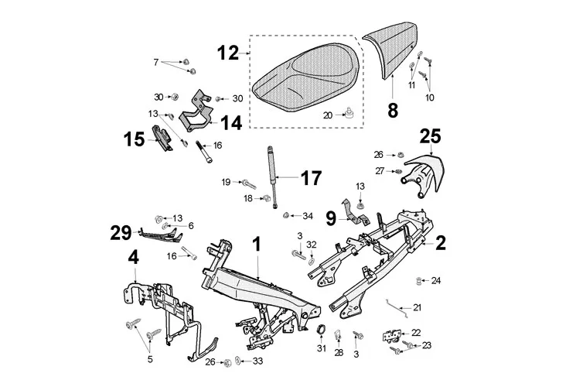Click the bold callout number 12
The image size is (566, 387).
(x=228, y=53)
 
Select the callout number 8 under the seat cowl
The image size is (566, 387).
(x=393, y=110)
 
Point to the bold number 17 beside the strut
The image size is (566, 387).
(x=310, y=178)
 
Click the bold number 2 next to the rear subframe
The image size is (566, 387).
(x=441, y=242)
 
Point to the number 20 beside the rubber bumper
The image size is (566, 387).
(x=327, y=115)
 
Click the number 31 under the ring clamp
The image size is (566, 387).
(x=321, y=350)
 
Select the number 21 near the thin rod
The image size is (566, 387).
(x=418, y=307)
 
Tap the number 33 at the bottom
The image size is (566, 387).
(x=257, y=361)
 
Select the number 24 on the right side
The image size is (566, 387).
(x=436, y=279)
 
